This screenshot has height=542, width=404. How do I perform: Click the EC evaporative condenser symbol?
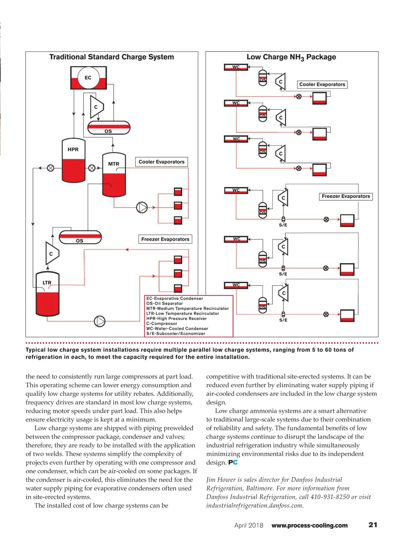(88, 78)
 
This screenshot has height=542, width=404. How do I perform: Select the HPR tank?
(73, 161)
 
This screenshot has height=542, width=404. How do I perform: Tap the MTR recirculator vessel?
(114, 175)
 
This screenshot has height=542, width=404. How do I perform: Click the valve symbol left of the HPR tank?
(50, 168)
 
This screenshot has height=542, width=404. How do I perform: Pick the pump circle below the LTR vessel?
(100, 321)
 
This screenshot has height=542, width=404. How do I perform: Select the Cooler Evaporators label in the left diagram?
(161, 162)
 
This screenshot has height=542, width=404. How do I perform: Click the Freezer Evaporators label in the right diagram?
(345, 196)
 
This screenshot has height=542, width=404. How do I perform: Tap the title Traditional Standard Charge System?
(111, 57)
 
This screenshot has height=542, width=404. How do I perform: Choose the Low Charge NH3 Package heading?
(291, 57)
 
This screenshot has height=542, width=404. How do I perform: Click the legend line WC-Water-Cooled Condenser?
(177, 329)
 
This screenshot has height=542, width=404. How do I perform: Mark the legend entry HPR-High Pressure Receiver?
(176, 318)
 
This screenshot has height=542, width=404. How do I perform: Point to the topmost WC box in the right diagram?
(236, 67)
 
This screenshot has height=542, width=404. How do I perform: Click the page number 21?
(373, 525)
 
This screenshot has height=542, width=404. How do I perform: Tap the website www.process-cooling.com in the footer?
(309, 526)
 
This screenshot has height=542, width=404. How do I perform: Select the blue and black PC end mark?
(233, 463)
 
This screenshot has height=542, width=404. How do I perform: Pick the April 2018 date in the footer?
(249, 526)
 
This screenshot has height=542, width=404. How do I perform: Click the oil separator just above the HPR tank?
(109, 128)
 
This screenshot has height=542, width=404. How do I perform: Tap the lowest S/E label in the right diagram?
(283, 320)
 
